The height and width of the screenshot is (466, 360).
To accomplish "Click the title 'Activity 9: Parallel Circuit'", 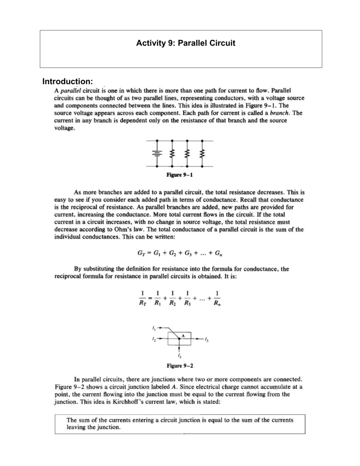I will pos(180,47).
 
